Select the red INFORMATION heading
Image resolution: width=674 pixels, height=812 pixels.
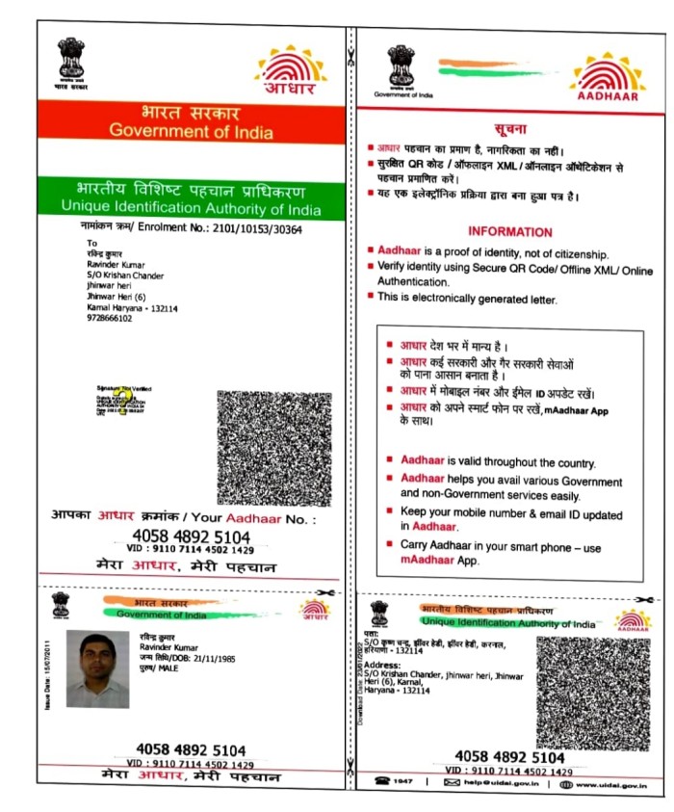click(509, 232)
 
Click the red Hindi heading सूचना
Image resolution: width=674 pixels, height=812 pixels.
click(510, 128)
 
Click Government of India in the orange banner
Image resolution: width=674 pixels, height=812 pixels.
click(191, 132)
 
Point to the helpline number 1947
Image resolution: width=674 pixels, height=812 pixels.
click(403, 782)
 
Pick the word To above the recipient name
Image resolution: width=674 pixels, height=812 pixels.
click(91, 243)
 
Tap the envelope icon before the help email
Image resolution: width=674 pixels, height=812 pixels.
click(452, 782)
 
